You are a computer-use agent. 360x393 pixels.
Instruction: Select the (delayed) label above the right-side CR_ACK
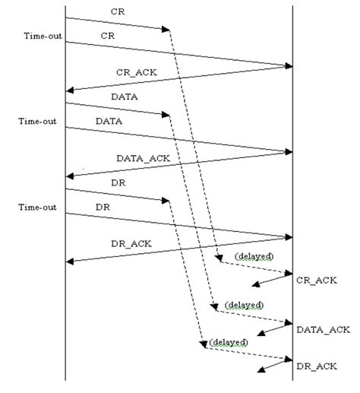[254, 255]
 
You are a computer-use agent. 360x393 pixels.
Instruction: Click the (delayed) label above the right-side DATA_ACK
[245, 305]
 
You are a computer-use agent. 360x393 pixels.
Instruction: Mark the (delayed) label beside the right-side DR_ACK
[229, 342]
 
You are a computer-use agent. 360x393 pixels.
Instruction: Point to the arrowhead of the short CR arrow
[165, 30]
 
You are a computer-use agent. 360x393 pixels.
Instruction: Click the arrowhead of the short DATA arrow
[165, 116]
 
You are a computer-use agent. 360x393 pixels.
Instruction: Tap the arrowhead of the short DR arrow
[165, 201]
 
